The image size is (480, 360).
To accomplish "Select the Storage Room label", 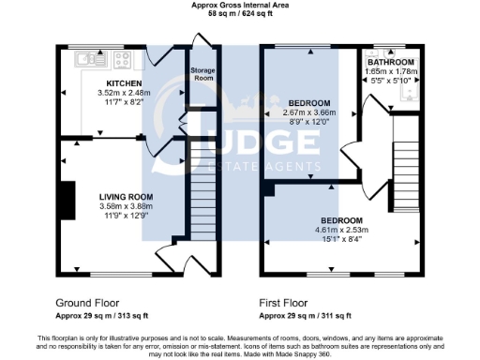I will (202, 74).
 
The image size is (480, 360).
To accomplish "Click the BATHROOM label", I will (391, 62).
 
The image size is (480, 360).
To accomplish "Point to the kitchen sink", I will (91, 59).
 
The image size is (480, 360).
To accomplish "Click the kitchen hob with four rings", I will (122, 59).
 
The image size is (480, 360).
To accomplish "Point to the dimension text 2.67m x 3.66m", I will (308, 112).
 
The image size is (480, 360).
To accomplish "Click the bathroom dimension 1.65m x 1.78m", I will (391, 71).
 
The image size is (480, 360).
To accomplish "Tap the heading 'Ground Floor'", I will (86, 304).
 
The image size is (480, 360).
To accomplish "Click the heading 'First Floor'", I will (283, 304).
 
